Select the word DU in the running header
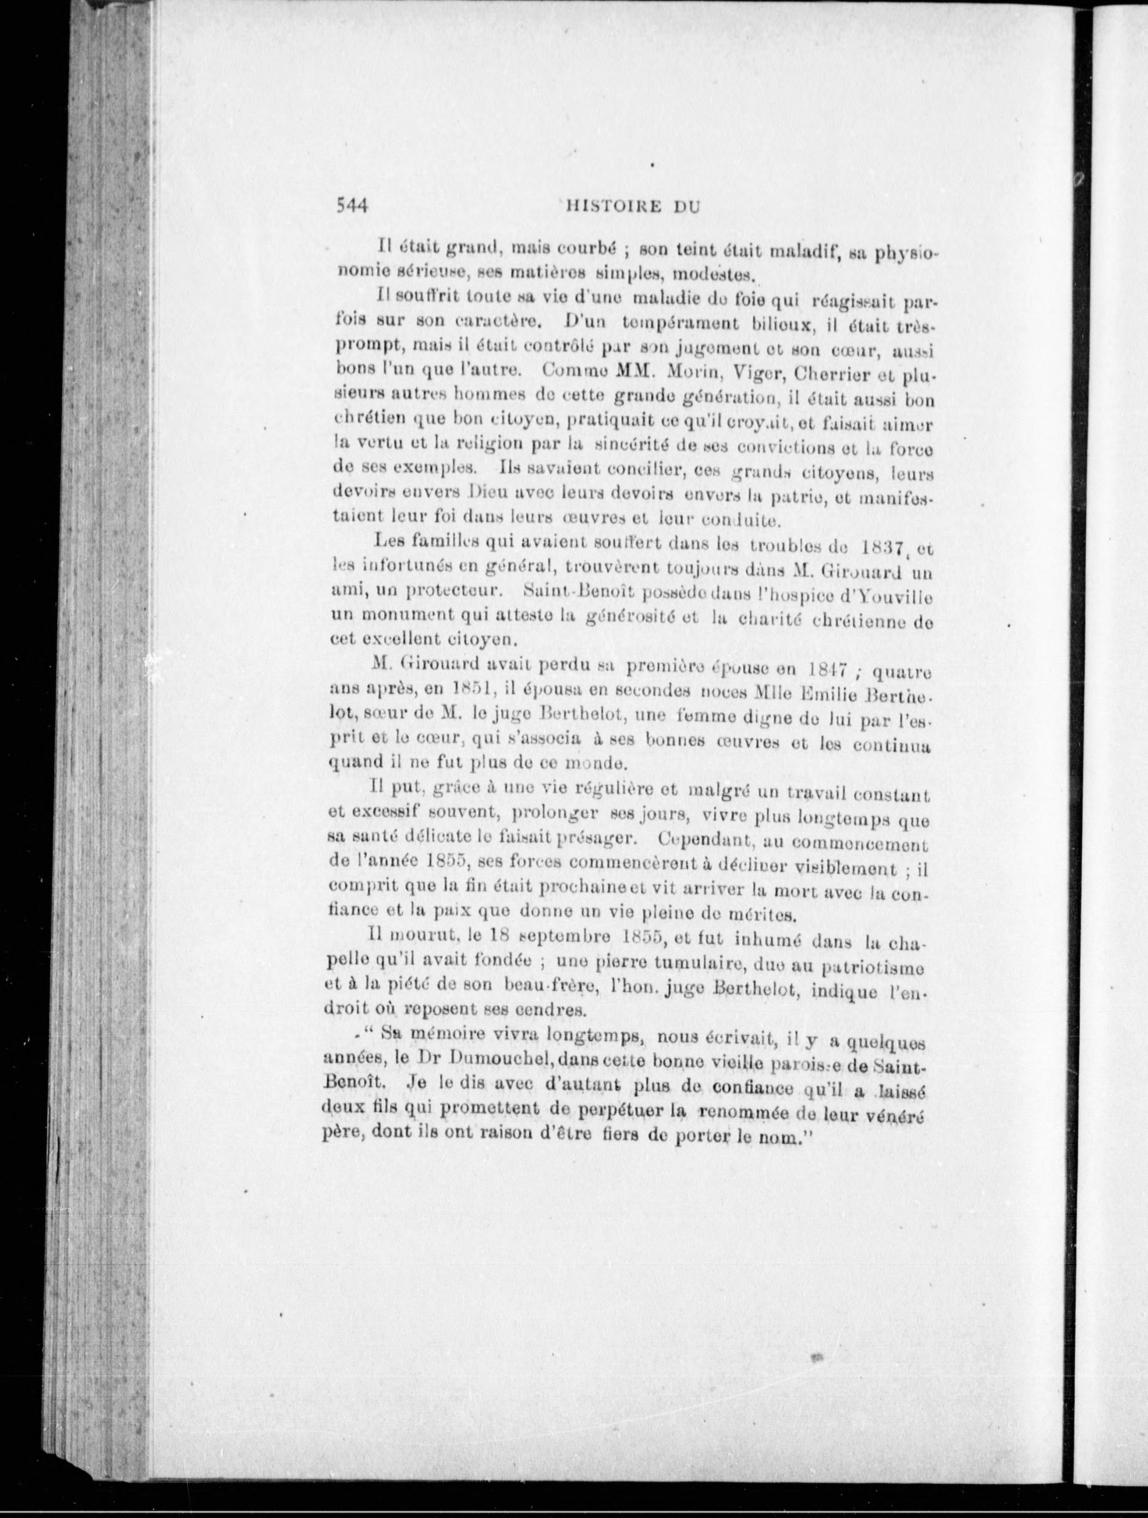point(684,206)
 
